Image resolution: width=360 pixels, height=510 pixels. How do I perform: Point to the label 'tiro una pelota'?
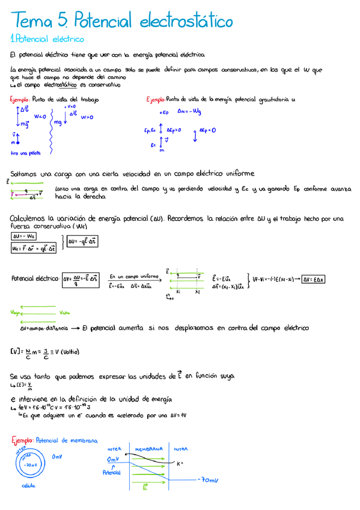tap(26, 153)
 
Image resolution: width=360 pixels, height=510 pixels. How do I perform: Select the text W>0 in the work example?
tap(87, 117)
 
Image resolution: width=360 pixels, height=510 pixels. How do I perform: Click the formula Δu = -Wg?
tap(190, 111)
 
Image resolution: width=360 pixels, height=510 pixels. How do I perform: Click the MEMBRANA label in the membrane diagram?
tap(148, 449)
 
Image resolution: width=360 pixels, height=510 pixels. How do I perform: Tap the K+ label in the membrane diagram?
tap(180, 463)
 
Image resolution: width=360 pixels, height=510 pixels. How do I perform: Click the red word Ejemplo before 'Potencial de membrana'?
tap(22, 440)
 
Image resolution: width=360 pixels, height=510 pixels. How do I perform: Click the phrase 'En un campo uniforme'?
tap(134, 277)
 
